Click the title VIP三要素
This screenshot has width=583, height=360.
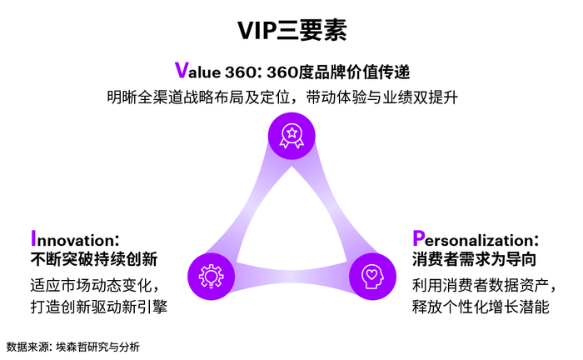pos(291,30)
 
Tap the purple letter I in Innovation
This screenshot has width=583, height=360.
pos(33,237)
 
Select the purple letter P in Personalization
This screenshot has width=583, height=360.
pos(418,237)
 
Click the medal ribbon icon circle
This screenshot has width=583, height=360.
pos(291,134)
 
